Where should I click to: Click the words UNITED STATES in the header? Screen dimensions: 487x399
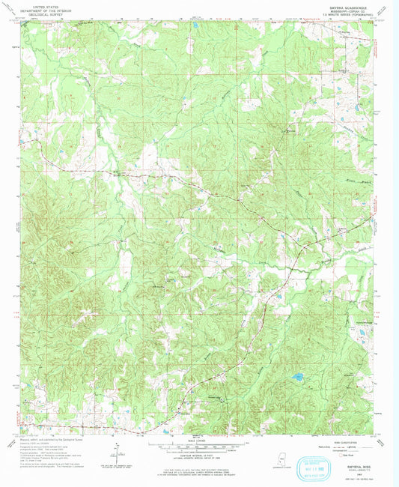[43, 4]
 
